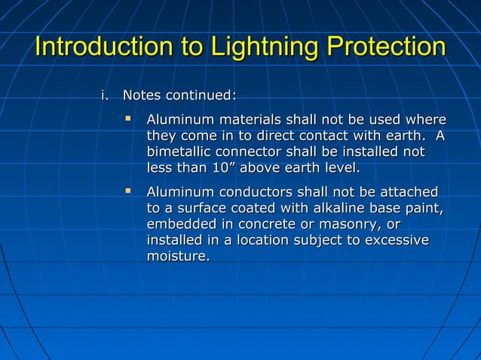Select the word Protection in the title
click(385, 47)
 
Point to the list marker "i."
click(106, 96)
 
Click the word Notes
click(142, 96)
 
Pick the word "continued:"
click(201, 96)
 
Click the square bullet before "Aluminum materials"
click(128, 118)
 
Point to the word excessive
click(396, 240)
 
